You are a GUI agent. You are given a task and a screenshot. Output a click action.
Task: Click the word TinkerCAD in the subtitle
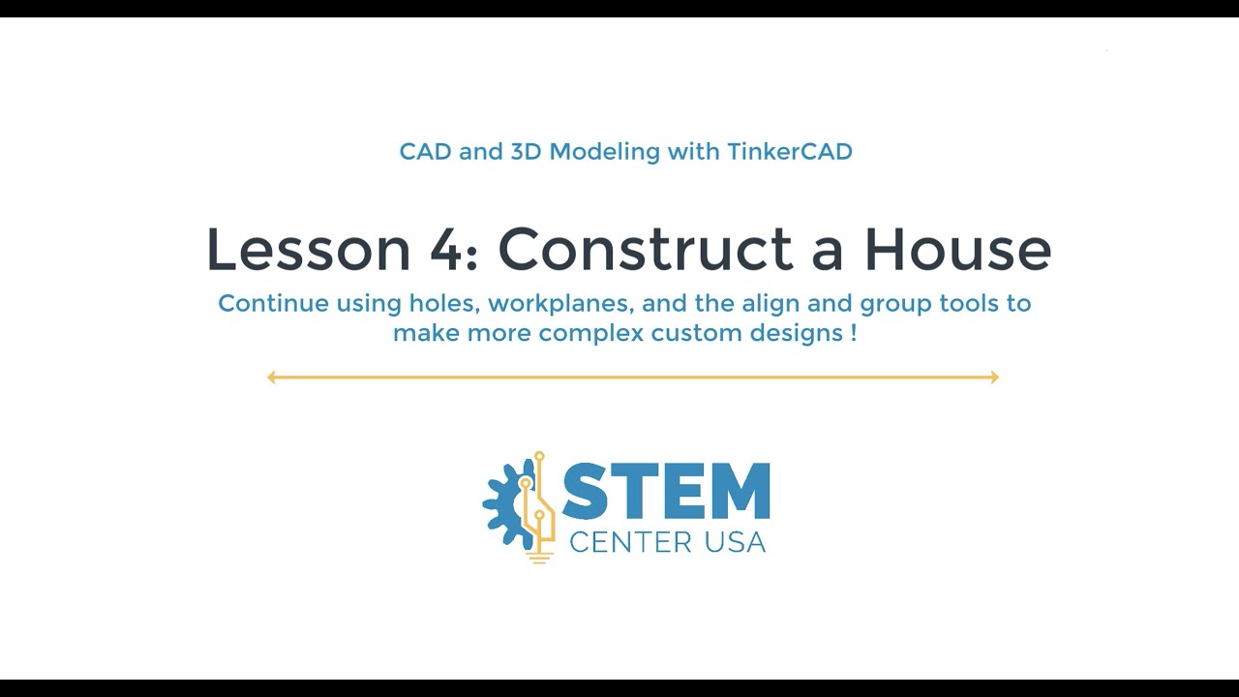[799, 152]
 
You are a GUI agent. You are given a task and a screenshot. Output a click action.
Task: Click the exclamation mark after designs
[854, 334]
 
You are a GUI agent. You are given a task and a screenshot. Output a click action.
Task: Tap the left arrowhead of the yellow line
[272, 378]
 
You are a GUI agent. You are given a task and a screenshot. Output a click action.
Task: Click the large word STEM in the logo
[667, 492]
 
